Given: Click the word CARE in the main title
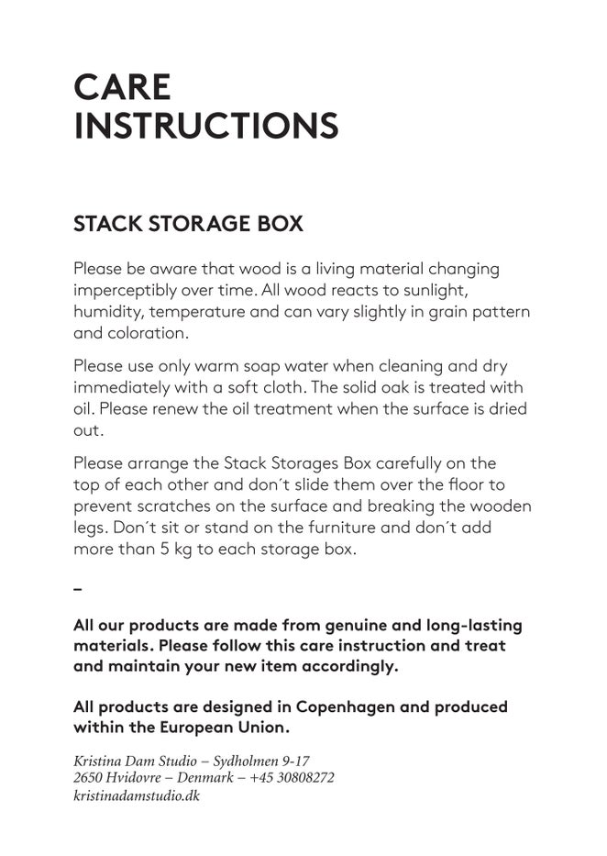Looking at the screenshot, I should (x=122, y=87).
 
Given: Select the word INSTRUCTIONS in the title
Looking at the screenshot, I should (x=205, y=126).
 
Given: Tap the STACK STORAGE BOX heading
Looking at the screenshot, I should (x=188, y=224).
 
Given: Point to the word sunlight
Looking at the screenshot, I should (x=433, y=290).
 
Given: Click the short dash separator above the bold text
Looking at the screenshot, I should (x=77, y=587).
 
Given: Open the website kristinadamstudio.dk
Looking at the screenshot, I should (x=136, y=795).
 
